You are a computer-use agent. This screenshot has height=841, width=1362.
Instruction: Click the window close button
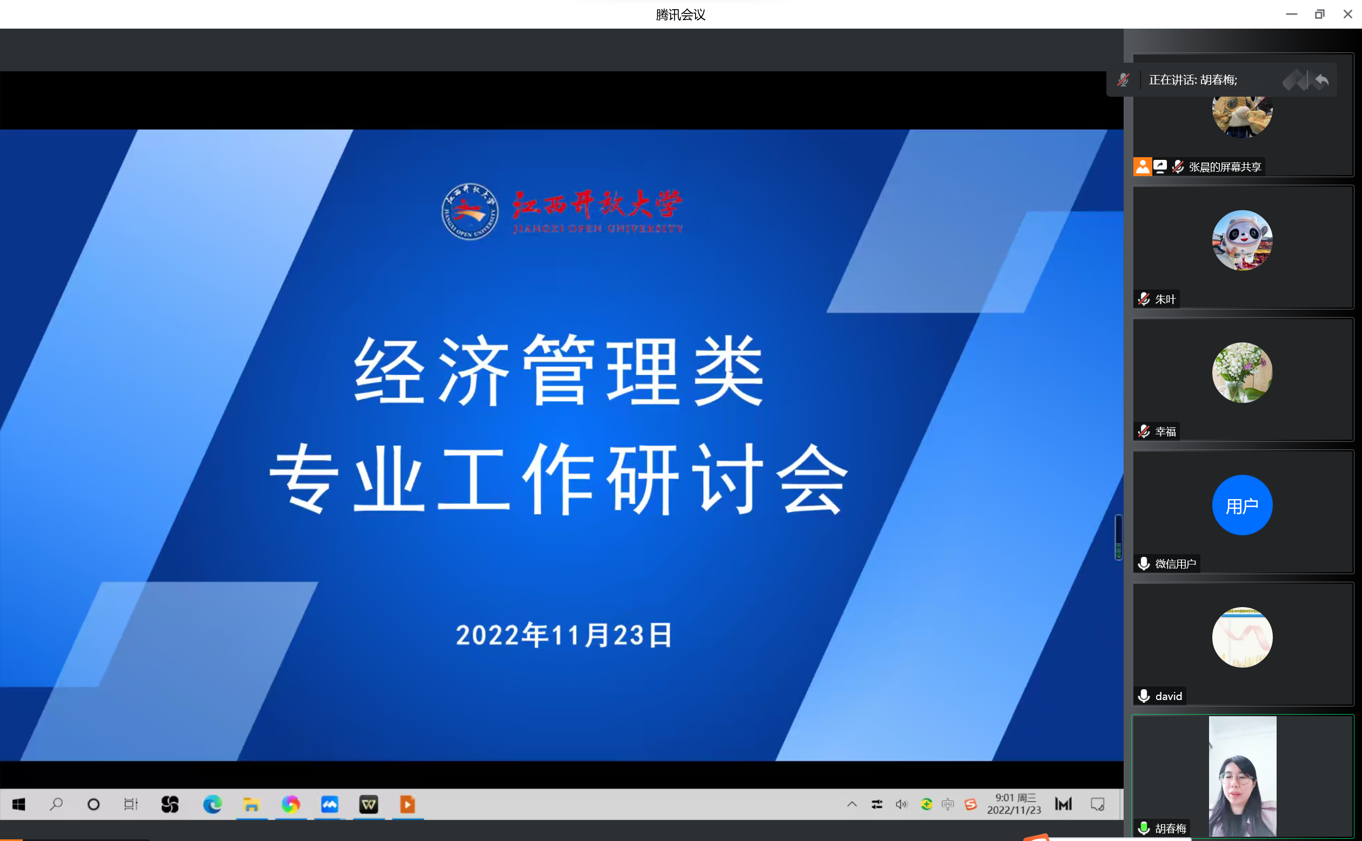point(1347,15)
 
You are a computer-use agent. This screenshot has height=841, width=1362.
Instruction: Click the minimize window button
point(1291,15)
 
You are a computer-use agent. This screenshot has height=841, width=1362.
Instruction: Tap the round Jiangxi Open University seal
point(470,211)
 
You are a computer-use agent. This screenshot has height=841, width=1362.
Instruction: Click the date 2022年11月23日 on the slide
point(564,635)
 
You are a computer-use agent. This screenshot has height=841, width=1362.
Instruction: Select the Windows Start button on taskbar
point(19,804)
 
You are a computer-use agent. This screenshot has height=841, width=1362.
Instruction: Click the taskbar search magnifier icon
point(56,804)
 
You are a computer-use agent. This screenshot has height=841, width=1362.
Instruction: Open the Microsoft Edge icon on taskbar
point(212,804)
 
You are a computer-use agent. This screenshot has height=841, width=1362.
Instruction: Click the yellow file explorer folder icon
point(251,804)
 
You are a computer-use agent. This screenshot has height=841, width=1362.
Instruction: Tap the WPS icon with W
point(369,804)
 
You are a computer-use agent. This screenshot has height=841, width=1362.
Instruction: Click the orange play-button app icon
point(408,804)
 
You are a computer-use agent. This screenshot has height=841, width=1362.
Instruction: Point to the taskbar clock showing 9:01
point(1014,804)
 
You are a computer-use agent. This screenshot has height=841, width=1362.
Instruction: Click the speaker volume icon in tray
point(901,804)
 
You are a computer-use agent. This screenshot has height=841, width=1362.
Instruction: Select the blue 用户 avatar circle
point(1243,505)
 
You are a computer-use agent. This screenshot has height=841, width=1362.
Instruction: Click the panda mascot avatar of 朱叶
point(1243,240)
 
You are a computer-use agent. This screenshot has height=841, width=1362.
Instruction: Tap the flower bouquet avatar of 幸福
point(1243,373)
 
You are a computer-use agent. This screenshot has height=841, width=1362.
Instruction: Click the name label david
point(1169,696)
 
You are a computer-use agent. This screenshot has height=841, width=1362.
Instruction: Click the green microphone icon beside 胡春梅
point(1144,828)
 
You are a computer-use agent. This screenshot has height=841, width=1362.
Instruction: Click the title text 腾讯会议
point(680,15)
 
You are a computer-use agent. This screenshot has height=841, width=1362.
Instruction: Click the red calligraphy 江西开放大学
point(597,204)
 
